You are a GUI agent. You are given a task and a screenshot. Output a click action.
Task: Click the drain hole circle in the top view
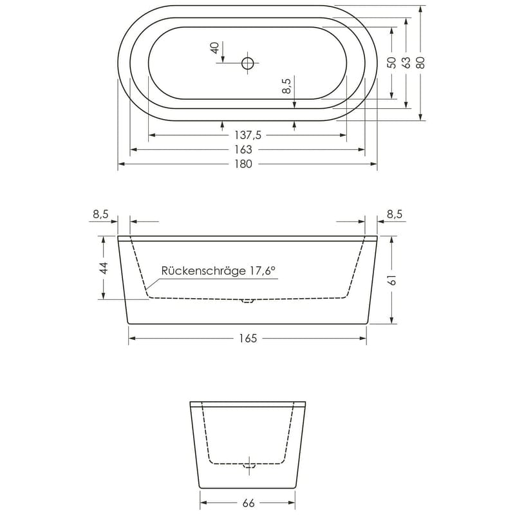(x=248, y=62)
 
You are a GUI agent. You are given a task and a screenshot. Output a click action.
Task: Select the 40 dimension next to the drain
(x=215, y=48)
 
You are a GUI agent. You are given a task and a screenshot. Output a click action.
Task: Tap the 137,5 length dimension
(x=248, y=135)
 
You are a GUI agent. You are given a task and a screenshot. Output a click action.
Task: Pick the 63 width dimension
(x=406, y=62)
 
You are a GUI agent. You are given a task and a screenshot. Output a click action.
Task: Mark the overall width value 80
(x=420, y=62)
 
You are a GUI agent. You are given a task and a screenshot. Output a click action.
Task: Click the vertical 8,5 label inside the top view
(x=288, y=86)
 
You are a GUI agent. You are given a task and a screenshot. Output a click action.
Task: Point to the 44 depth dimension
(x=103, y=268)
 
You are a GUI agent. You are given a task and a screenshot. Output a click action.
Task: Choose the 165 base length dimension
(x=248, y=338)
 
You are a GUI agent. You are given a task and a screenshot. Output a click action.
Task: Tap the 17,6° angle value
(x=262, y=271)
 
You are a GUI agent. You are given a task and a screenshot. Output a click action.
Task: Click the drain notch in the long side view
(x=248, y=301)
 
